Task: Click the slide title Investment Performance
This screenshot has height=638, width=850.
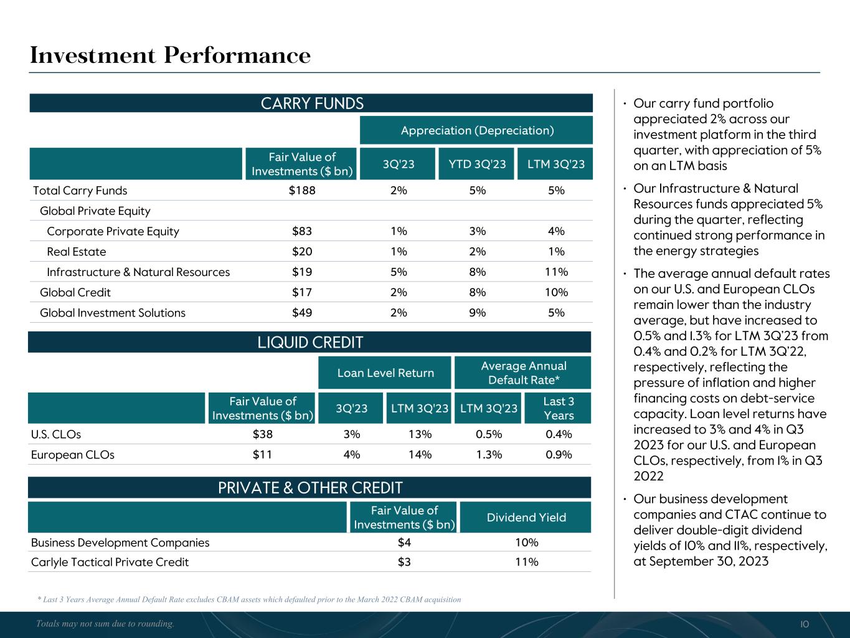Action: point(170,55)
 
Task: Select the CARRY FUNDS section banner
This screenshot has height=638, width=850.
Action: point(311,103)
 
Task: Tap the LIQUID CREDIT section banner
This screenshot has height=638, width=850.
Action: point(310,342)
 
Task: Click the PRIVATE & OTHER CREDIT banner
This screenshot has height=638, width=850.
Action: point(310,487)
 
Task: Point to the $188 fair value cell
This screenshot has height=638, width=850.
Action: point(302,191)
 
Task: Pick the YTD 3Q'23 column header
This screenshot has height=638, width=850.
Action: point(477,164)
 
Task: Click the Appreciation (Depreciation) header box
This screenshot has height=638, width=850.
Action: point(477,130)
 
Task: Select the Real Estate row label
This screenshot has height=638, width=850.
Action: point(77,252)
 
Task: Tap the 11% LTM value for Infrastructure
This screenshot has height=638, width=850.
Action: point(556,272)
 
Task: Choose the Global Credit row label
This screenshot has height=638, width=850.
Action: point(75,292)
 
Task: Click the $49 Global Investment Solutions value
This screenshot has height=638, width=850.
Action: point(302,313)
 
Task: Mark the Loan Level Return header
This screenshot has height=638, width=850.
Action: point(385,373)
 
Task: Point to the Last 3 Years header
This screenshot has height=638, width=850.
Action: point(559,408)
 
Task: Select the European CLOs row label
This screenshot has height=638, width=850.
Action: point(73,454)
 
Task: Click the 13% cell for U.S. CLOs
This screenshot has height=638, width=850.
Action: point(420,434)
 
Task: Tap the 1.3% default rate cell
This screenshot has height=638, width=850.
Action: point(489,454)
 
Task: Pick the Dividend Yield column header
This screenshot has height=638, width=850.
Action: point(526,517)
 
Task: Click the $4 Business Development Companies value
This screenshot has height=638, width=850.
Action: point(404,542)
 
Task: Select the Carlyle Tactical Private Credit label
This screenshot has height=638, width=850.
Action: point(110,562)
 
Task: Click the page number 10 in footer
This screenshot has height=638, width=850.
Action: point(805,624)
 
